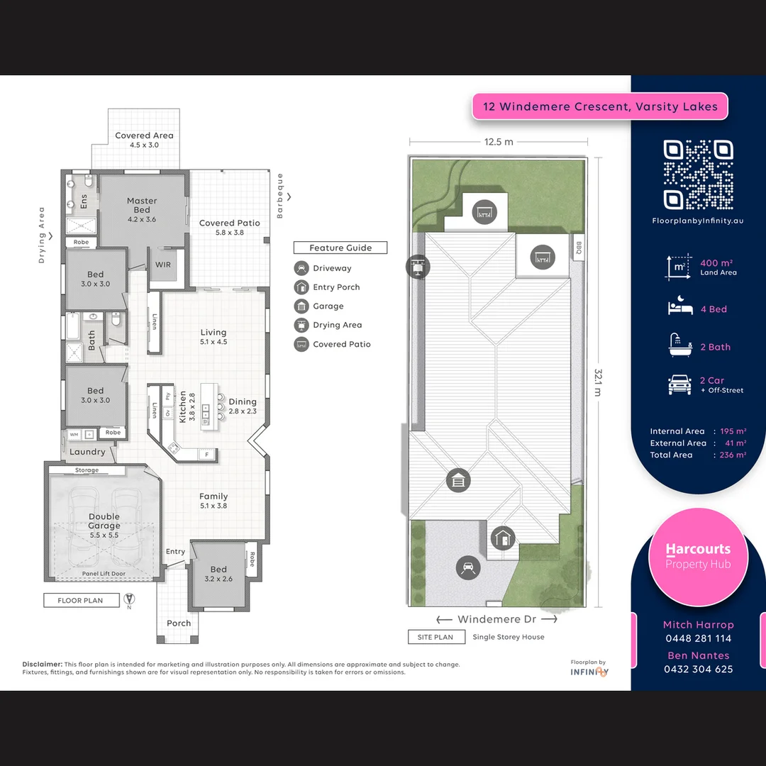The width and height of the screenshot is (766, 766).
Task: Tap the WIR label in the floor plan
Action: click(x=162, y=265)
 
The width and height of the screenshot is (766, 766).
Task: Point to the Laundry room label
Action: click(x=87, y=452)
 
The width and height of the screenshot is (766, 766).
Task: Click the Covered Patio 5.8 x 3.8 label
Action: click(x=229, y=227)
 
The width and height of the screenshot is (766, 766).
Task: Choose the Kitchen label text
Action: click(x=182, y=406)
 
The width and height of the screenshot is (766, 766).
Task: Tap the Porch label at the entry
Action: click(x=179, y=623)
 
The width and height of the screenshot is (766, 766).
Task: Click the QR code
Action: click(x=698, y=174)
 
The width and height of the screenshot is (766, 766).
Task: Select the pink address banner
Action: click(x=600, y=107)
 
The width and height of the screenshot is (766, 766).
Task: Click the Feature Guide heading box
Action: click(x=340, y=248)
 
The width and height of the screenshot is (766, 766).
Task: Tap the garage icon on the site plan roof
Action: click(x=458, y=480)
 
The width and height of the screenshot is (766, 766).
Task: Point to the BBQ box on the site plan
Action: click(x=578, y=248)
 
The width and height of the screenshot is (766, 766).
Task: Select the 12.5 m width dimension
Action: click(x=499, y=142)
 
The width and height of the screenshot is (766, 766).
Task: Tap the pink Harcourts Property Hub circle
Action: click(x=698, y=557)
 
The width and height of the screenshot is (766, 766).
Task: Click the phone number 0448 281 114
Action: click(x=698, y=638)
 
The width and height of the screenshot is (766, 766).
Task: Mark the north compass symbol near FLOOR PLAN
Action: click(x=128, y=599)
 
